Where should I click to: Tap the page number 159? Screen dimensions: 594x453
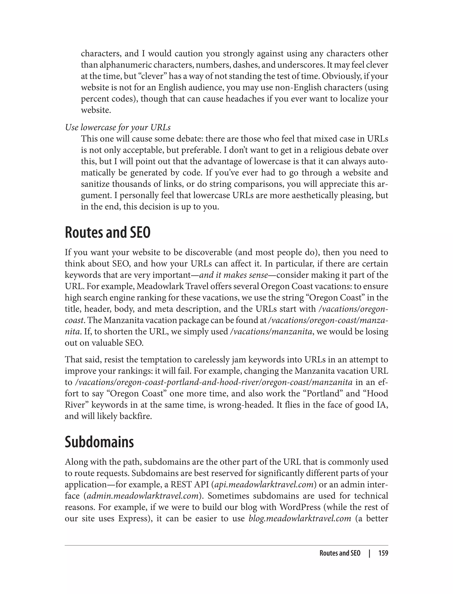click(x=383, y=553)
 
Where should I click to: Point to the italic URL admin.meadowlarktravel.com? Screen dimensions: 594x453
click(x=143, y=496)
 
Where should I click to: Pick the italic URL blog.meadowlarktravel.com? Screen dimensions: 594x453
click(x=300, y=518)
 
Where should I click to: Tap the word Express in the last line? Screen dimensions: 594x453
click(x=133, y=518)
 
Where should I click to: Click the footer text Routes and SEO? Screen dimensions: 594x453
click(x=340, y=553)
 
